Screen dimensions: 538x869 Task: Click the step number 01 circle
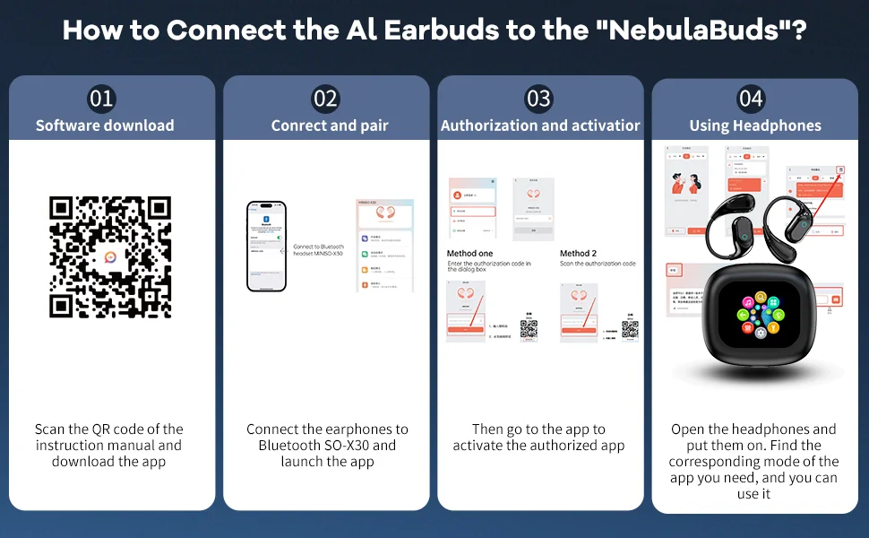click(102, 99)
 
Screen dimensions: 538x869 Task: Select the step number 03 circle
click(538, 99)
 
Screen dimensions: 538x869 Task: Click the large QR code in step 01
click(110, 256)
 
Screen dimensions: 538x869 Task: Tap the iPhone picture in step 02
click(266, 247)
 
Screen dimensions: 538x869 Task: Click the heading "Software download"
click(105, 126)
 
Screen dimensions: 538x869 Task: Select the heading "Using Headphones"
click(755, 126)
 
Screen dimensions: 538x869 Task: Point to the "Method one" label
click(469, 254)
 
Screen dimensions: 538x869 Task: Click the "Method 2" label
click(578, 254)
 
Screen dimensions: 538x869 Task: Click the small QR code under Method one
click(529, 328)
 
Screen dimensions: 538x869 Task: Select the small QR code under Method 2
click(630, 328)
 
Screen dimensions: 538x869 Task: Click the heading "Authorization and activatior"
click(540, 126)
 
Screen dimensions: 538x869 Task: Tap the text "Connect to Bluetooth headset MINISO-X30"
click(318, 250)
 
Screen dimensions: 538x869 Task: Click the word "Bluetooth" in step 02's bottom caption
click(295, 446)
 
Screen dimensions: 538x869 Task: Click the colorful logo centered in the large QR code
click(110, 256)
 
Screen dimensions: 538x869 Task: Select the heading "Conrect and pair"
click(330, 126)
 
